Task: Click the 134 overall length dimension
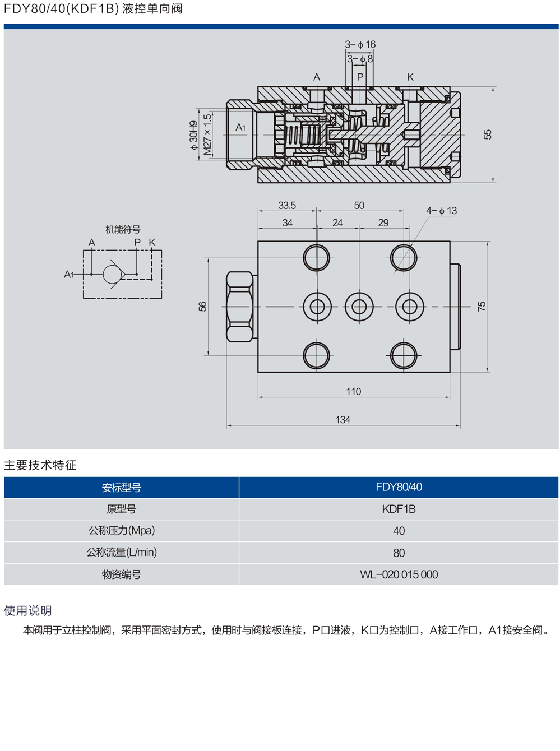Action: [x=343, y=419]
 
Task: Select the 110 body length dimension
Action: [x=353, y=391]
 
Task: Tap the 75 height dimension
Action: [x=482, y=306]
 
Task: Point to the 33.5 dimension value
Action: [x=286, y=206]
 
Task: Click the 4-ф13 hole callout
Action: [x=441, y=211]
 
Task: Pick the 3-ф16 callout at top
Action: [x=360, y=44]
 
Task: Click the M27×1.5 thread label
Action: [x=207, y=134]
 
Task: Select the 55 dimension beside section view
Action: [x=488, y=135]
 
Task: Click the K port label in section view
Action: [x=410, y=77]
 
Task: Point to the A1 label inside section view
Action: [x=240, y=127]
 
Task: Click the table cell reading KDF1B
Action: [x=399, y=509]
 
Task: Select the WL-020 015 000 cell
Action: [x=399, y=574]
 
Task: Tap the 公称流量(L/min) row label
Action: [x=122, y=553]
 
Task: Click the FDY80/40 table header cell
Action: [x=399, y=487]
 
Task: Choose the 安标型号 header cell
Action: [x=122, y=488]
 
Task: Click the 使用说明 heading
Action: [x=28, y=610]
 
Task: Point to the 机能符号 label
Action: [x=123, y=229]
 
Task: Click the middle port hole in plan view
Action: [x=359, y=307]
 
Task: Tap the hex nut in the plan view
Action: [x=239, y=307]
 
